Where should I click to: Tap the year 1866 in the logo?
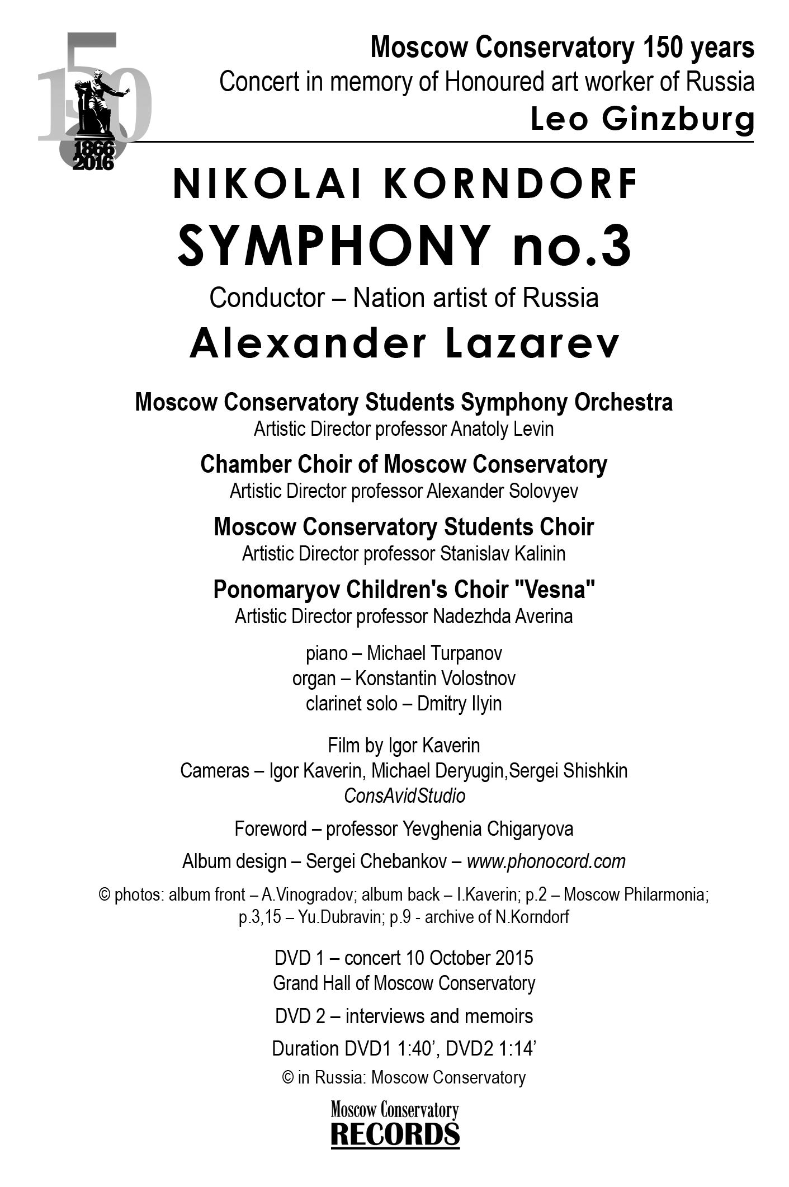(x=93, y=149)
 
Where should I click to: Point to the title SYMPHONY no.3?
(x=404, y=246)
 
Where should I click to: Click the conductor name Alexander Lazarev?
(x=404, y=343)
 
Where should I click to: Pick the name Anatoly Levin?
(x=502, y=430)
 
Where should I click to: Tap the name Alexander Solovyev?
(x=502, y=492)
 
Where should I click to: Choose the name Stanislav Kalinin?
(x=502, y=554)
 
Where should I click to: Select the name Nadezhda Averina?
(x=502, y=616)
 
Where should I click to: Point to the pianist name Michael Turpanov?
(x=434, y=653)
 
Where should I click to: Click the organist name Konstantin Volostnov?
(x=435, y=679)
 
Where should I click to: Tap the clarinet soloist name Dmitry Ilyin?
(x=459, y=704)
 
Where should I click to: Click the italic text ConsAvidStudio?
(x=404, y=796)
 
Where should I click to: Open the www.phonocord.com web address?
(x=546, y=861)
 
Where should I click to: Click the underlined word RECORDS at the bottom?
(x=395, y=1134)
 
